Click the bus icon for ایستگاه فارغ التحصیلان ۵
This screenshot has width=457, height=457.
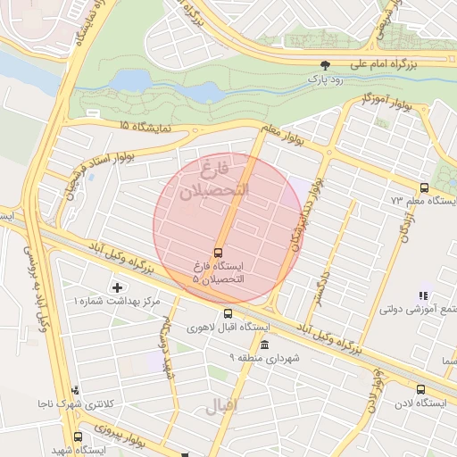coord(219,251)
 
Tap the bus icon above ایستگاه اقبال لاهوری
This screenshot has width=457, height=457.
coord(228,313)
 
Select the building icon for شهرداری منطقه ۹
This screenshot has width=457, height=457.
coord(263,345)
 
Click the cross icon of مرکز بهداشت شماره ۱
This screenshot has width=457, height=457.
coord(117,287)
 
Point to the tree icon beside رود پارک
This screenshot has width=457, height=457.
coord(326,64)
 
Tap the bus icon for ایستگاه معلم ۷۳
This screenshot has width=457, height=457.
coord(423,187)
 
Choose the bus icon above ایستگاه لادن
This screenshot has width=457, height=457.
coord(420,388)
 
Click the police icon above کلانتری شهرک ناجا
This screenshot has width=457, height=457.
coord(75,390)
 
